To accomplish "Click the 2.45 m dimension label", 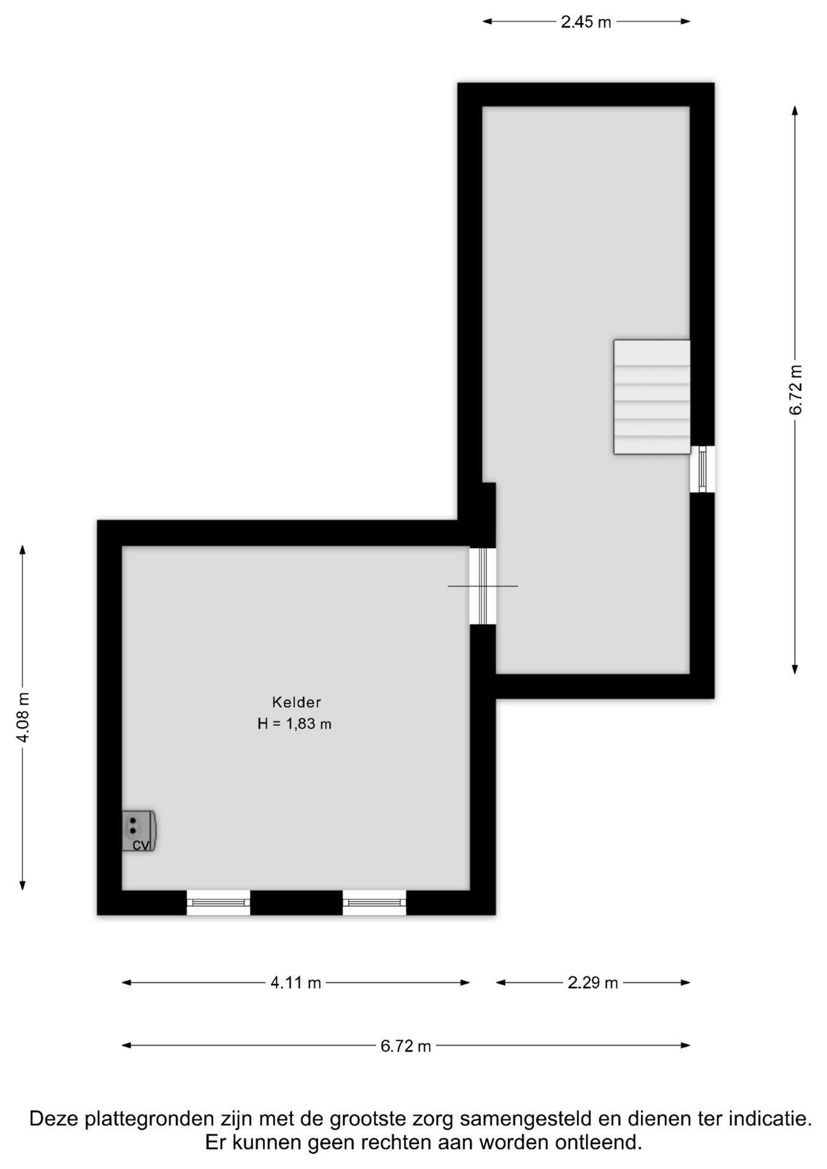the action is (x=586, y=23).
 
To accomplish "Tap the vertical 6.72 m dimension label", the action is (x=795, y=390).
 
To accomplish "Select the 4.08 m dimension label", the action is (x=23, y=717).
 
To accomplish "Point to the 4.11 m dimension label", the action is (x=296, y=983).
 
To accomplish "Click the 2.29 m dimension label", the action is (x=593, y=983).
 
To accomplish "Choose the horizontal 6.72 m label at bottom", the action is (x=406, y=1046).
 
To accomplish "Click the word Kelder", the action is (x=297, y=702).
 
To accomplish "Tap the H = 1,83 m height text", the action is (x=295, y=724).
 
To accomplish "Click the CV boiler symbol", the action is (x=139, y=830).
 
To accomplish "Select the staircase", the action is (x=652, y=397).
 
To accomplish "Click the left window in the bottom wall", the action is (x=218, y=902).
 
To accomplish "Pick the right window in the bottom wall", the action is (x=375, y=902).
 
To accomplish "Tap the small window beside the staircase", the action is (x=702, y=469).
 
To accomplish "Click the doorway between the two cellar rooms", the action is (x=483, y=586).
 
